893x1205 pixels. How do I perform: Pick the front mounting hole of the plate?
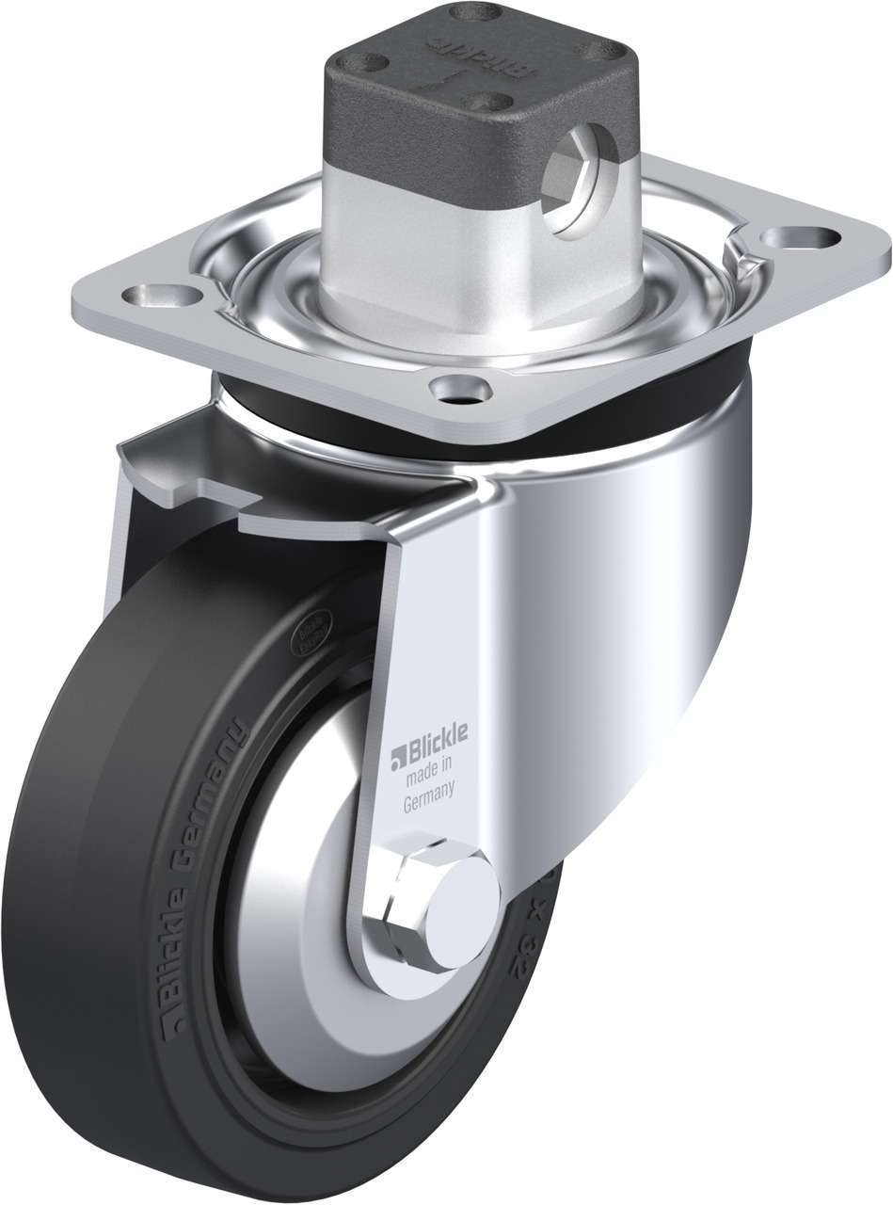click(458, 387)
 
